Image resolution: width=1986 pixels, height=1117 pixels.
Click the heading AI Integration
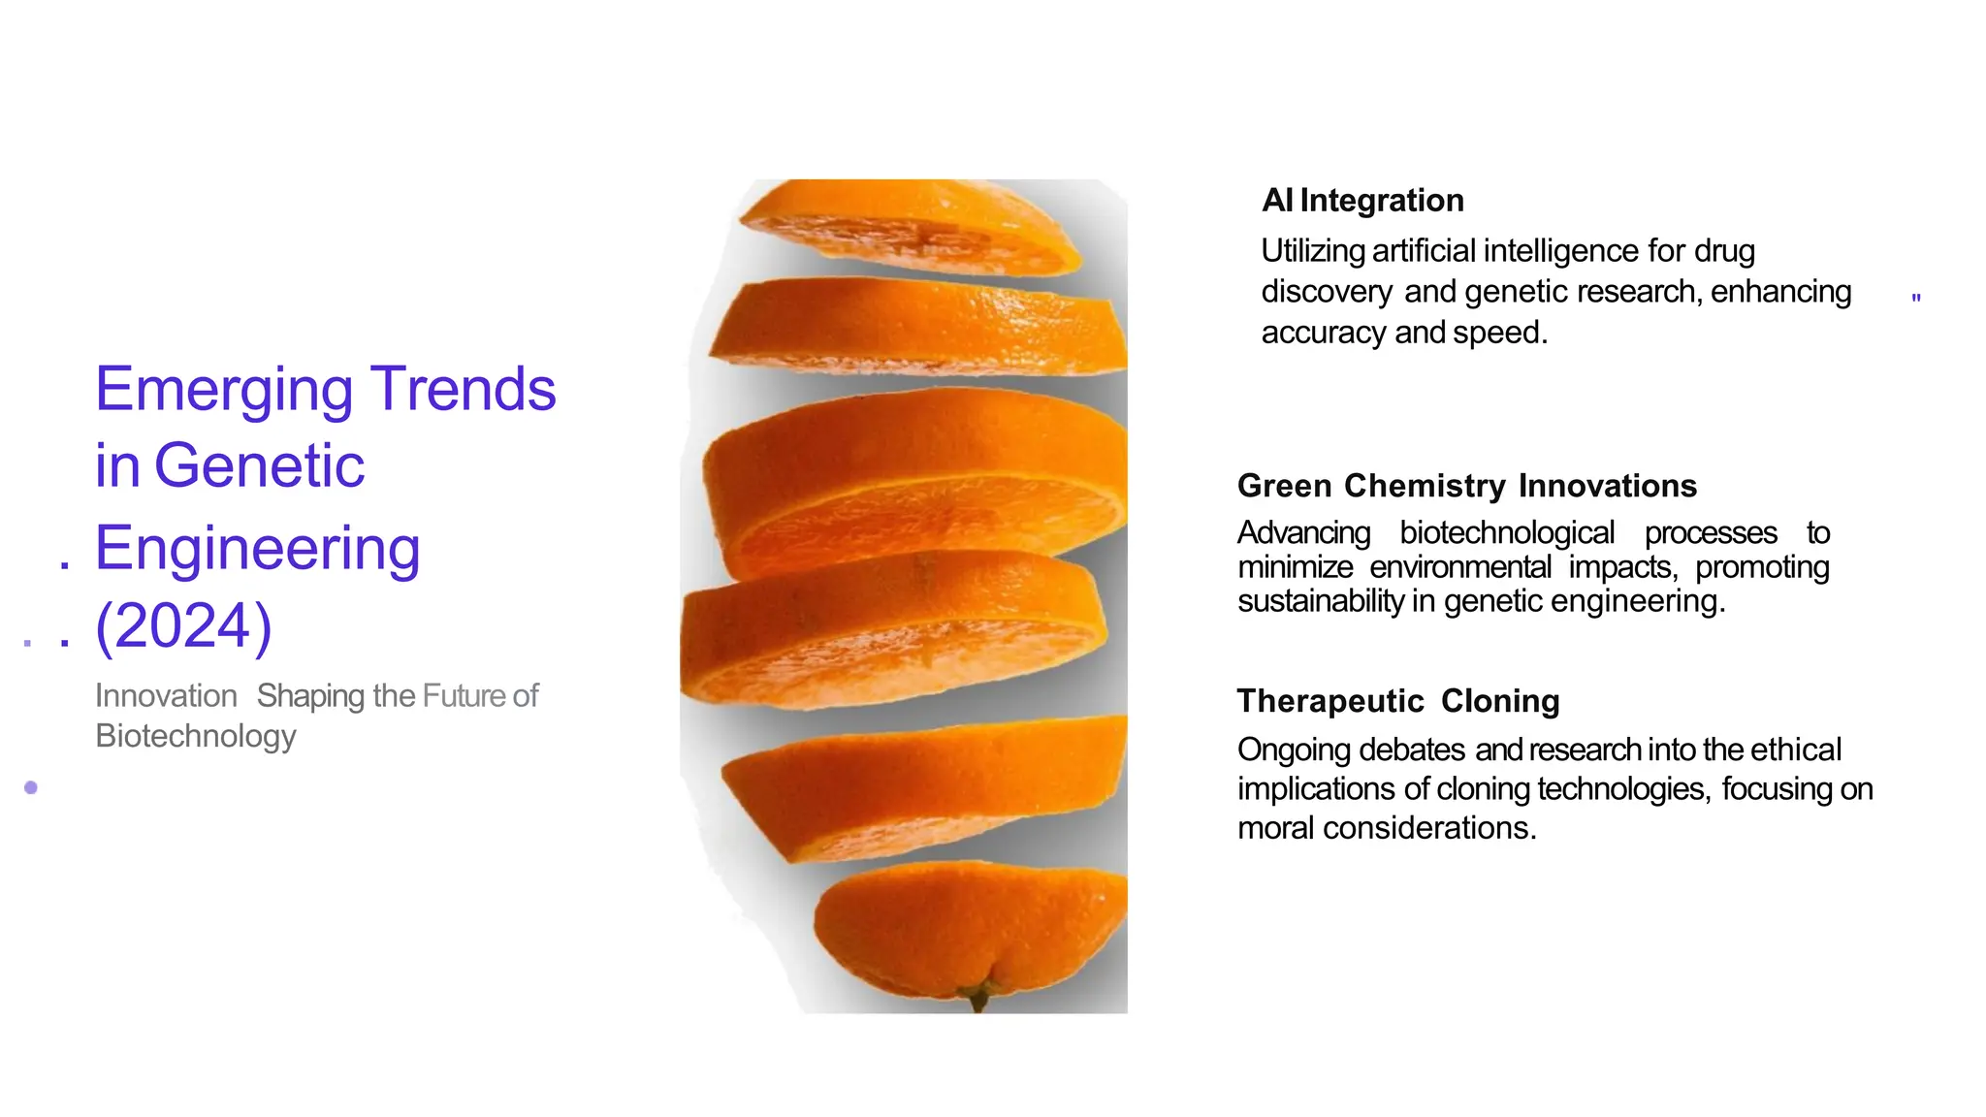(1362, 201)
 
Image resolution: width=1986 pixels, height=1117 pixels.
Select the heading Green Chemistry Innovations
(1466, 486)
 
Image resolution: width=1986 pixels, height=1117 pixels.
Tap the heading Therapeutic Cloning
(1397, 701)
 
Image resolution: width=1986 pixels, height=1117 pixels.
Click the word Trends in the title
(464, 389)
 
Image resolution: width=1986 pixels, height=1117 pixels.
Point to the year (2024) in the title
(183, 626)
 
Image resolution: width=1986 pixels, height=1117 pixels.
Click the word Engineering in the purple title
(257, 549)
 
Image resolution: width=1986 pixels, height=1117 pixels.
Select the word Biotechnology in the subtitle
(195, 736)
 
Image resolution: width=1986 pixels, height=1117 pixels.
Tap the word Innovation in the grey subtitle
(166, 696)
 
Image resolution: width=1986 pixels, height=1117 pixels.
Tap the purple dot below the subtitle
(31, 787)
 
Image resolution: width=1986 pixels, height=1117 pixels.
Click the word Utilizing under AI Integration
(1313, 251)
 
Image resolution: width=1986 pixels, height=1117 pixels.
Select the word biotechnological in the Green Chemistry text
(1506, 533)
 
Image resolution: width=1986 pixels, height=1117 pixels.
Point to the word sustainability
(1320, 601)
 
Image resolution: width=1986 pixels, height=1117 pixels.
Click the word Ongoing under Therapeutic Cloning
(1294, 750)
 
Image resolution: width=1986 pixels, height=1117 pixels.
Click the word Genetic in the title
(259, 466)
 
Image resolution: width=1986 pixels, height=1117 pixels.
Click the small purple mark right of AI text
(1915, 298)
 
